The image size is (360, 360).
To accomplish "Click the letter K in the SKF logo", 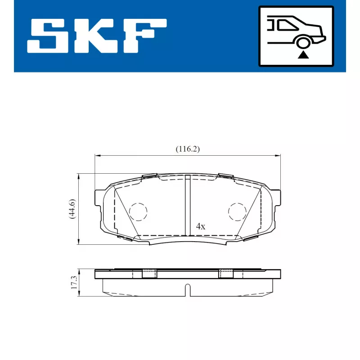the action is [95, 36].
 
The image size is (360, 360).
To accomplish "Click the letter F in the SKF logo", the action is [144, 36].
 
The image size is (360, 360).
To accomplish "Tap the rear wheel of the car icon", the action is [303, 43].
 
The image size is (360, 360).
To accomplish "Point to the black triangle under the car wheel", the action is [303, 55].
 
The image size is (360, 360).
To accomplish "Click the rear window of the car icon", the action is [288, 25].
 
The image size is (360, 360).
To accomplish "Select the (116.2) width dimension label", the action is [188, 149].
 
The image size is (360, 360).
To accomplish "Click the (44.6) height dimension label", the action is [72, 209].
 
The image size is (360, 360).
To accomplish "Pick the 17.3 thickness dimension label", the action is [74, 283].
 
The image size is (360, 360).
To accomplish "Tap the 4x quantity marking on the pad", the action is [200, 226].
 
